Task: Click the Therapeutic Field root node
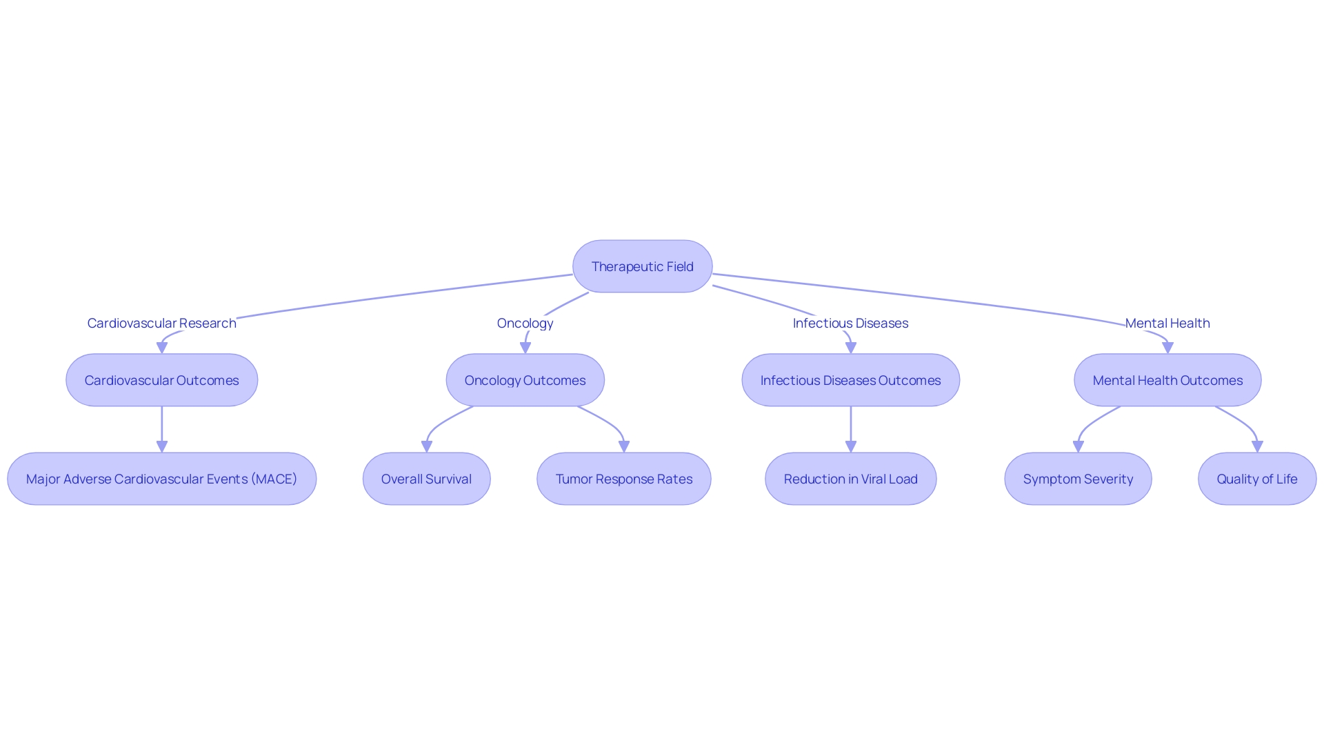(x=642, y=266)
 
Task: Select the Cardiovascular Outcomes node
(x=161, y=380)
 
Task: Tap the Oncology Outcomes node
(x=525, y=380)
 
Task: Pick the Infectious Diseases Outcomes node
(x=850, y=380)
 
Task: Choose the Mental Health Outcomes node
(x=1167, y=380)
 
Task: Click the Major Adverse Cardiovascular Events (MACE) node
(x=161, y=479)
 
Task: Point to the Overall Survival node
(x=426, y=479)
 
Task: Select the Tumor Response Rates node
(x=623, y=479)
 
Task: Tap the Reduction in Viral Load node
(x=850, y=479)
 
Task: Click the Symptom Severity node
(x=1078, y=479)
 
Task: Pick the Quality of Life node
(x=1256, y=479)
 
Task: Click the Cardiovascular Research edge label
(x=161, y=323)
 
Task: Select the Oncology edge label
(x=525, y=323)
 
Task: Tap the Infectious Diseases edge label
(x=850, y=323)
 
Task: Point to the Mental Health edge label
(x=1167, y=323)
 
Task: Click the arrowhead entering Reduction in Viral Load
(x=850, y=447)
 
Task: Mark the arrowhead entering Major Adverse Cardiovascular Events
(x=161, y=447)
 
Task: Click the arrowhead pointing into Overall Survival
(x=426, y=447)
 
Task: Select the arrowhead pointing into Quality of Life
(x=1256, y=447)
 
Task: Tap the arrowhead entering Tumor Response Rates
(x=623, y=447)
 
